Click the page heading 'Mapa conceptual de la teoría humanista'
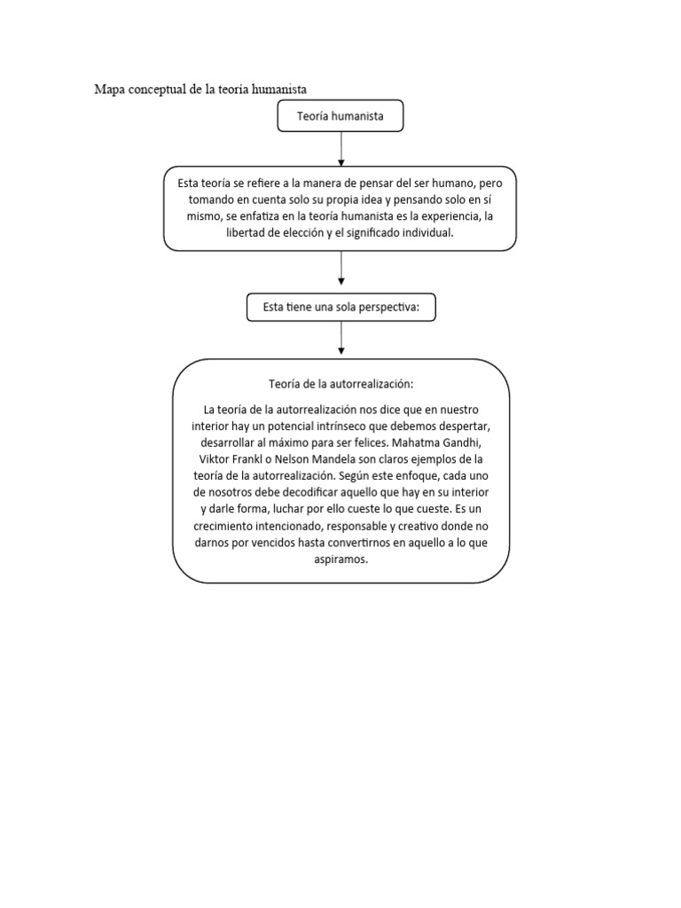tap(200, 89)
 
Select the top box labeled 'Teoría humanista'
tap(340, 116)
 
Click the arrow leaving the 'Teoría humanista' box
tap(340, 148)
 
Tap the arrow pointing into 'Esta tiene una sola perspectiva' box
tap(340, 272)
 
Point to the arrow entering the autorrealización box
tap(340, 339)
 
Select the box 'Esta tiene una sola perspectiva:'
tap(340, 307)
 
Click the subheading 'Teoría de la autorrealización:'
tap(340, 384)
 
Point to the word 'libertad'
tap(251, 232)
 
